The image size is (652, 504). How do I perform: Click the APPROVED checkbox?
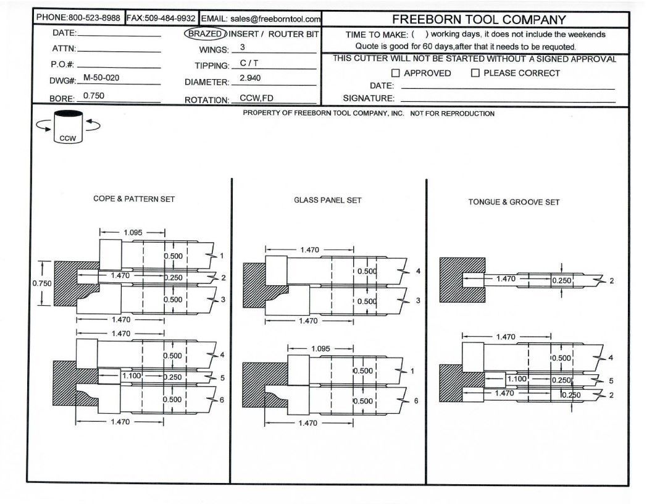[396, 73]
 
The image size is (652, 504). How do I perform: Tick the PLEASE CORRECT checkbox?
[475, 73]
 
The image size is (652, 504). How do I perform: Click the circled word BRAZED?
[204, 34]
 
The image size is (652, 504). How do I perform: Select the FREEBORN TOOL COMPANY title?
[479, 20]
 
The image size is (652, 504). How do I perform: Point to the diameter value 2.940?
[250, 78]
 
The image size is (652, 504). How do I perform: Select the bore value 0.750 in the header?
[93, 96]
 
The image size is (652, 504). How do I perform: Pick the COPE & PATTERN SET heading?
[134, 199]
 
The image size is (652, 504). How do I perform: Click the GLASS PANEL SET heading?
[328, 200]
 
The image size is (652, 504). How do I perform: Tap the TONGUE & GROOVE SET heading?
[514, 202]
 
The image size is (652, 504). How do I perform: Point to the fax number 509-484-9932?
[169, 19]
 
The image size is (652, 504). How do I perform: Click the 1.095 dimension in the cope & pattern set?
[133, 233]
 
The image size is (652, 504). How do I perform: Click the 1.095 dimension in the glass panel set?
[320, 349]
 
